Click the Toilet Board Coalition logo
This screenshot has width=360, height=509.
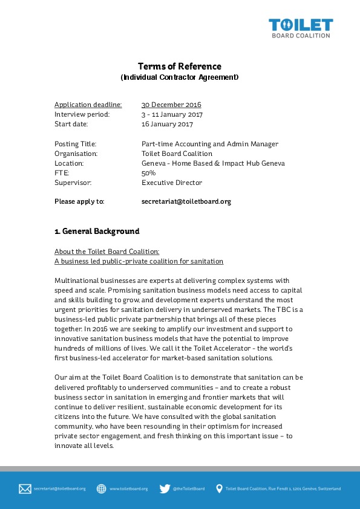[301, 28]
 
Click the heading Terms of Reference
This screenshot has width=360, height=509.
[179, 66]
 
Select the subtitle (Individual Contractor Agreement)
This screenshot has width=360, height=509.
[180, 77]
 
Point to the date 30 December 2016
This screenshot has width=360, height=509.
[171, 105]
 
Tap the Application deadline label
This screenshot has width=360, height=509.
[88, 105]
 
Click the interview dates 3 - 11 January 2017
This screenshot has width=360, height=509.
[172, 114]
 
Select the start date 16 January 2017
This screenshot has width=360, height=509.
[167, 124]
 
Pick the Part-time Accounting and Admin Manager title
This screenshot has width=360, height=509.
[209, 144]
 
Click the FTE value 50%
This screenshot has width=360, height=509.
[148, 173]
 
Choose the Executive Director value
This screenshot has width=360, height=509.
[171, 183]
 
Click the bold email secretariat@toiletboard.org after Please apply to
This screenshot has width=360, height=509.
[186, 202]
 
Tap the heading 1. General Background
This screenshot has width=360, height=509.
[97, 232]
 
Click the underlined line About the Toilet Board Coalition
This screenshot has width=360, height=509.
[107, 251]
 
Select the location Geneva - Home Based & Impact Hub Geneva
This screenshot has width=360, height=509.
[212, 163]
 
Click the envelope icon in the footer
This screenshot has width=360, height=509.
[25, 488]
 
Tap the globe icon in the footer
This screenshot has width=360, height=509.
[101, 488]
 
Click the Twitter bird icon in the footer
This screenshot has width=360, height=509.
[165, 488]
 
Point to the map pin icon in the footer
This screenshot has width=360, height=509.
[219, 488]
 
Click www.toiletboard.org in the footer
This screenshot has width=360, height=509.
[128, 488]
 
